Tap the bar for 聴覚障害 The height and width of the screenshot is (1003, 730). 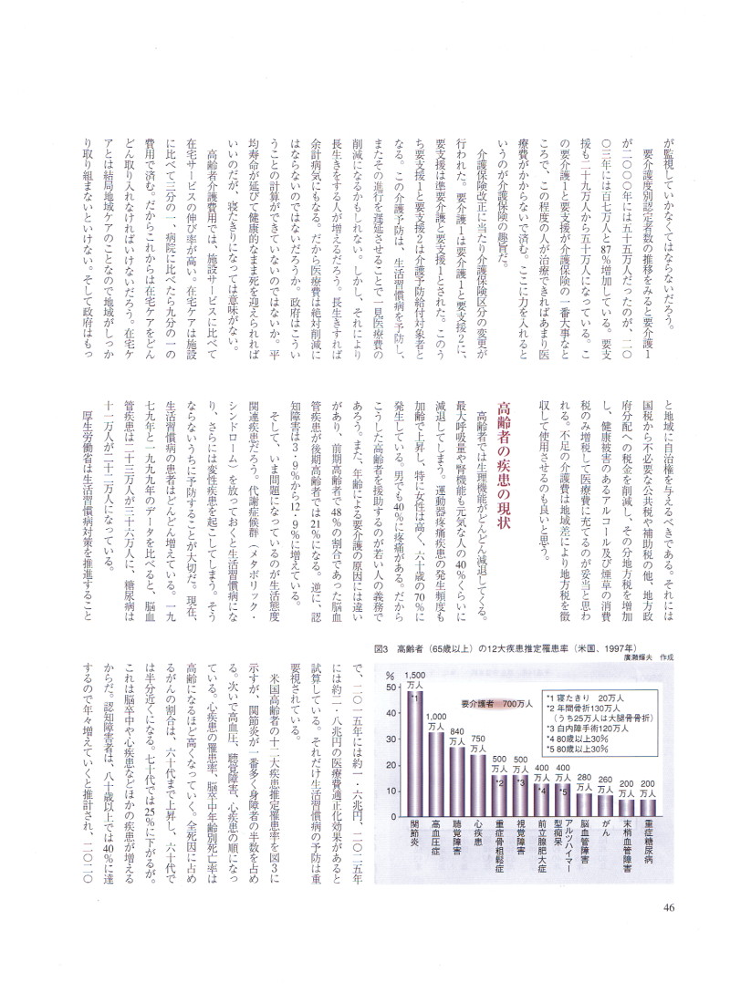[457, 776]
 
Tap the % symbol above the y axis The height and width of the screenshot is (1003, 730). [389, 675]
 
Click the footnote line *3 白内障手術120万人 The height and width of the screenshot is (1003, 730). [585, 729]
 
